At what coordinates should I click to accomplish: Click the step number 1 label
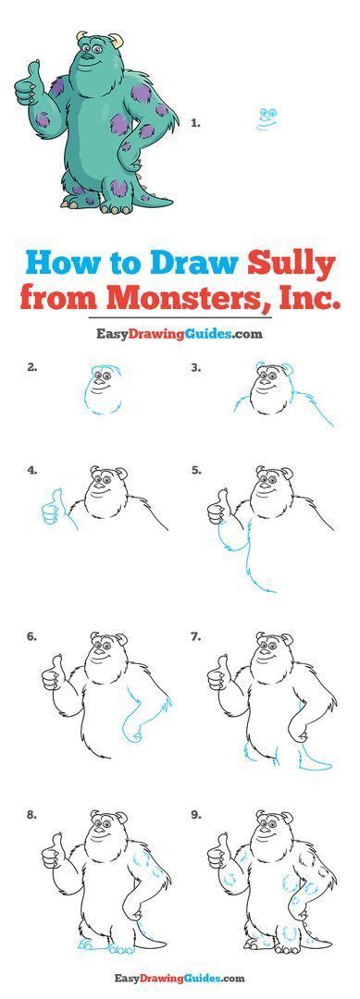[x=195, y=121]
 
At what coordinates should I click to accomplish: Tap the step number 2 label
[x=32, y=367]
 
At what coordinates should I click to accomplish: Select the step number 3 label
[x=195, y=367]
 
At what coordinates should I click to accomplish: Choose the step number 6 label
[x=32, y=636]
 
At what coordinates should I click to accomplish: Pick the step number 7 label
[x=195, y=636]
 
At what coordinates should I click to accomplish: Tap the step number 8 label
[x=32, y=814]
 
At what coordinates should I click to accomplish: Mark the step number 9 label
[x=195, y=814]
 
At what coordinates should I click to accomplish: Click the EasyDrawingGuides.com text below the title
[x=180, y=334]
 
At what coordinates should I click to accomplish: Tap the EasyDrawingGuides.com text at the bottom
[x=180, y=977]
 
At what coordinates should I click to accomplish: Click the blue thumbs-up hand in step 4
[x=53, y=506]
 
